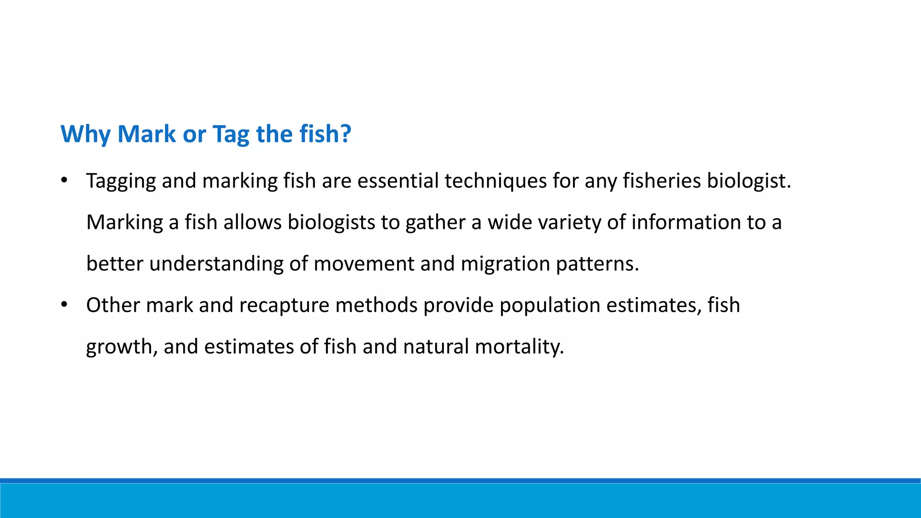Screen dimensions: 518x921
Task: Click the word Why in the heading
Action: tap(85, 134)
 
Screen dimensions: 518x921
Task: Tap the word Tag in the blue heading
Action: tap(231, 134)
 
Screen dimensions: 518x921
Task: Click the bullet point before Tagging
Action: tap(64, 181)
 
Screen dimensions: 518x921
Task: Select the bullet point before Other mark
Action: tap(64, 305)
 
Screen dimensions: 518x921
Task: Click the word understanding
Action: tap(216, 264)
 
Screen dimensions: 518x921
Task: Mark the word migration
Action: tap(505, 264)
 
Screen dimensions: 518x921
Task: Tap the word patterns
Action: tap(597, 264)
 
